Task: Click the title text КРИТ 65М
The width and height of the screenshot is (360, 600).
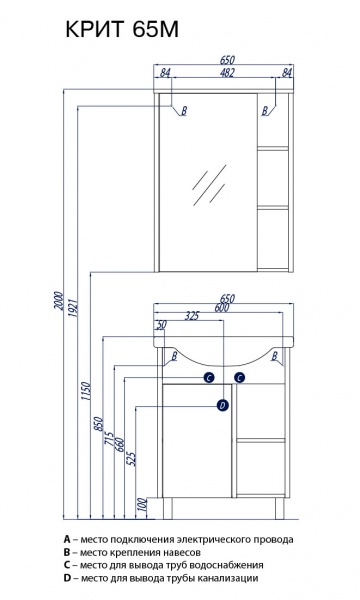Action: click(x=122, y=29)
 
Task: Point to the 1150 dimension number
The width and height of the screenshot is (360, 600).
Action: click(x=86, y=391)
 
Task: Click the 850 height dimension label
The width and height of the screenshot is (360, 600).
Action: click(x=99, y=424)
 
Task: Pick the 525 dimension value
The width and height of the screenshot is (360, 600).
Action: click(x=132, y=458)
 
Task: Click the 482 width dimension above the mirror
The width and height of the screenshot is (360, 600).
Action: click(x=227, y=72)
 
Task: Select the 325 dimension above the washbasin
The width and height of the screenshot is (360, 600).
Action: click(x=192, y=316)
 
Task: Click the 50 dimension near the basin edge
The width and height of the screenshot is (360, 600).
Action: click(x=161, y=325)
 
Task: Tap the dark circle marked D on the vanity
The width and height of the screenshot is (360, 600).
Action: click(x=223, y=405)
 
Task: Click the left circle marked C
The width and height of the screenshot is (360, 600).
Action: click(x=209, y=378)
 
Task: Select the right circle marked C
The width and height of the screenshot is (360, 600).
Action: click(x=239, y=378)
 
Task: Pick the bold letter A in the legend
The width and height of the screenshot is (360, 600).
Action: click(x=67, y=539)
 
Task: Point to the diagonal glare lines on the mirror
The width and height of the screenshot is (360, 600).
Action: click(x=209, y=184)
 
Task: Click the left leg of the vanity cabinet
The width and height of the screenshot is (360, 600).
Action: click(x=168, y=508)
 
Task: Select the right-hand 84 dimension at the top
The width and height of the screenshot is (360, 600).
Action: click(x=287, y=72)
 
